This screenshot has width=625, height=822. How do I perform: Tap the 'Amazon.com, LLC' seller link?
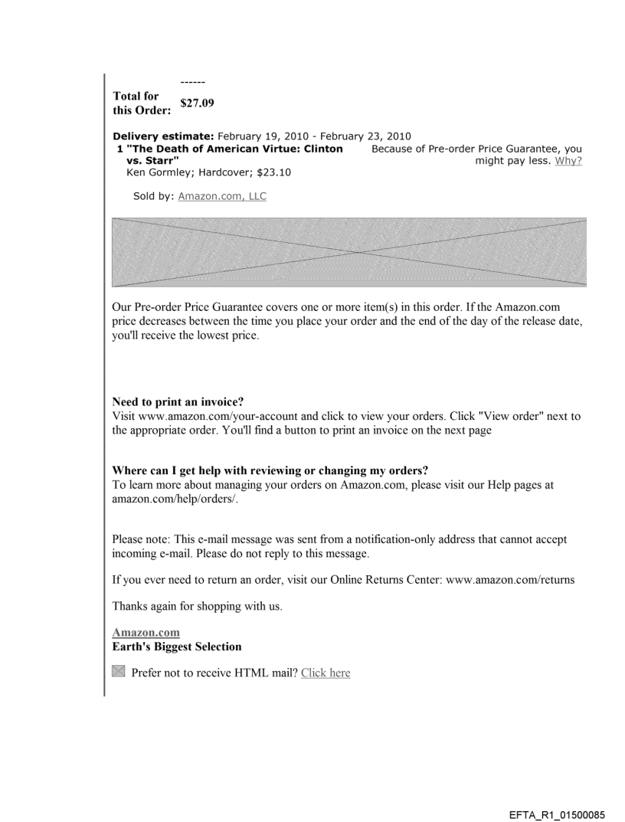[222, 196]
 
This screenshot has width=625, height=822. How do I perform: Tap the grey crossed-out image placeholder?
[349, 252]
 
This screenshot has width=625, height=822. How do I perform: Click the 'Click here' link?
[326, 673]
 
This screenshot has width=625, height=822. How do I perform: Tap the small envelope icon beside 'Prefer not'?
[118, 672]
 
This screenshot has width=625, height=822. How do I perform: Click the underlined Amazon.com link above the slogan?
[146, 632]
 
